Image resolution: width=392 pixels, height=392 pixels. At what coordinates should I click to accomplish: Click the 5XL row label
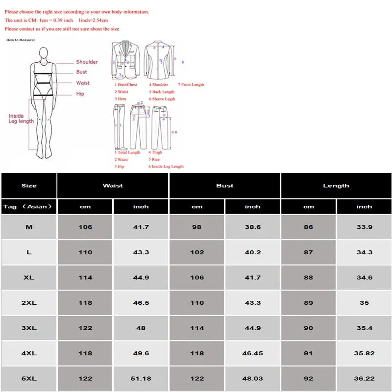[x=29, y=379]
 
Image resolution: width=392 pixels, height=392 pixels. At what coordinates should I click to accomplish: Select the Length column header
[x=336, y=186]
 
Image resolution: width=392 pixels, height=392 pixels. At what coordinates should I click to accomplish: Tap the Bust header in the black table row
[x=225, y=186]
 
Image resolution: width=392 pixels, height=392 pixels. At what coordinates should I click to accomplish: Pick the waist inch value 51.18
[x=141, y=379]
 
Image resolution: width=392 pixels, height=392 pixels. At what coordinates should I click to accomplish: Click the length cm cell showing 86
[x=308, y=227]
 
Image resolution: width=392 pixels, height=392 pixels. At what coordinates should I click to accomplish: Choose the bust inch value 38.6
[x=253, y=227]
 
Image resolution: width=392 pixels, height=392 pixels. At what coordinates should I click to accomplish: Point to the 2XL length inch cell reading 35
[x=364, y=303]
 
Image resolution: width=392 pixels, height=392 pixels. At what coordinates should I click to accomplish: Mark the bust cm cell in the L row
[x=197, y=252]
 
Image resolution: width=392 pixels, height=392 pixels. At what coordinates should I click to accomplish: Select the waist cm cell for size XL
[x=85, y=277]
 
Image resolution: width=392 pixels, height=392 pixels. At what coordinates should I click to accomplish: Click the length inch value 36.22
[x=364, y=379]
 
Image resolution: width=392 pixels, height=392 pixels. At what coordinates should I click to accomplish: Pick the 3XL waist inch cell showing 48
[x=141, y=328]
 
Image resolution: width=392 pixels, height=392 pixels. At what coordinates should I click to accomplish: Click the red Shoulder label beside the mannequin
[x=87, y=62]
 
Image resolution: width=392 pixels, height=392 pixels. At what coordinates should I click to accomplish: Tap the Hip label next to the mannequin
[x=80, y=94]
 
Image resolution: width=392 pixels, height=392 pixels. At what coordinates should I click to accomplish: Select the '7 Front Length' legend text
[x=191, y=85]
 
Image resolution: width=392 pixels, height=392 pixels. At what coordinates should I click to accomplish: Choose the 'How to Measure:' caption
[x=21, y=40]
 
